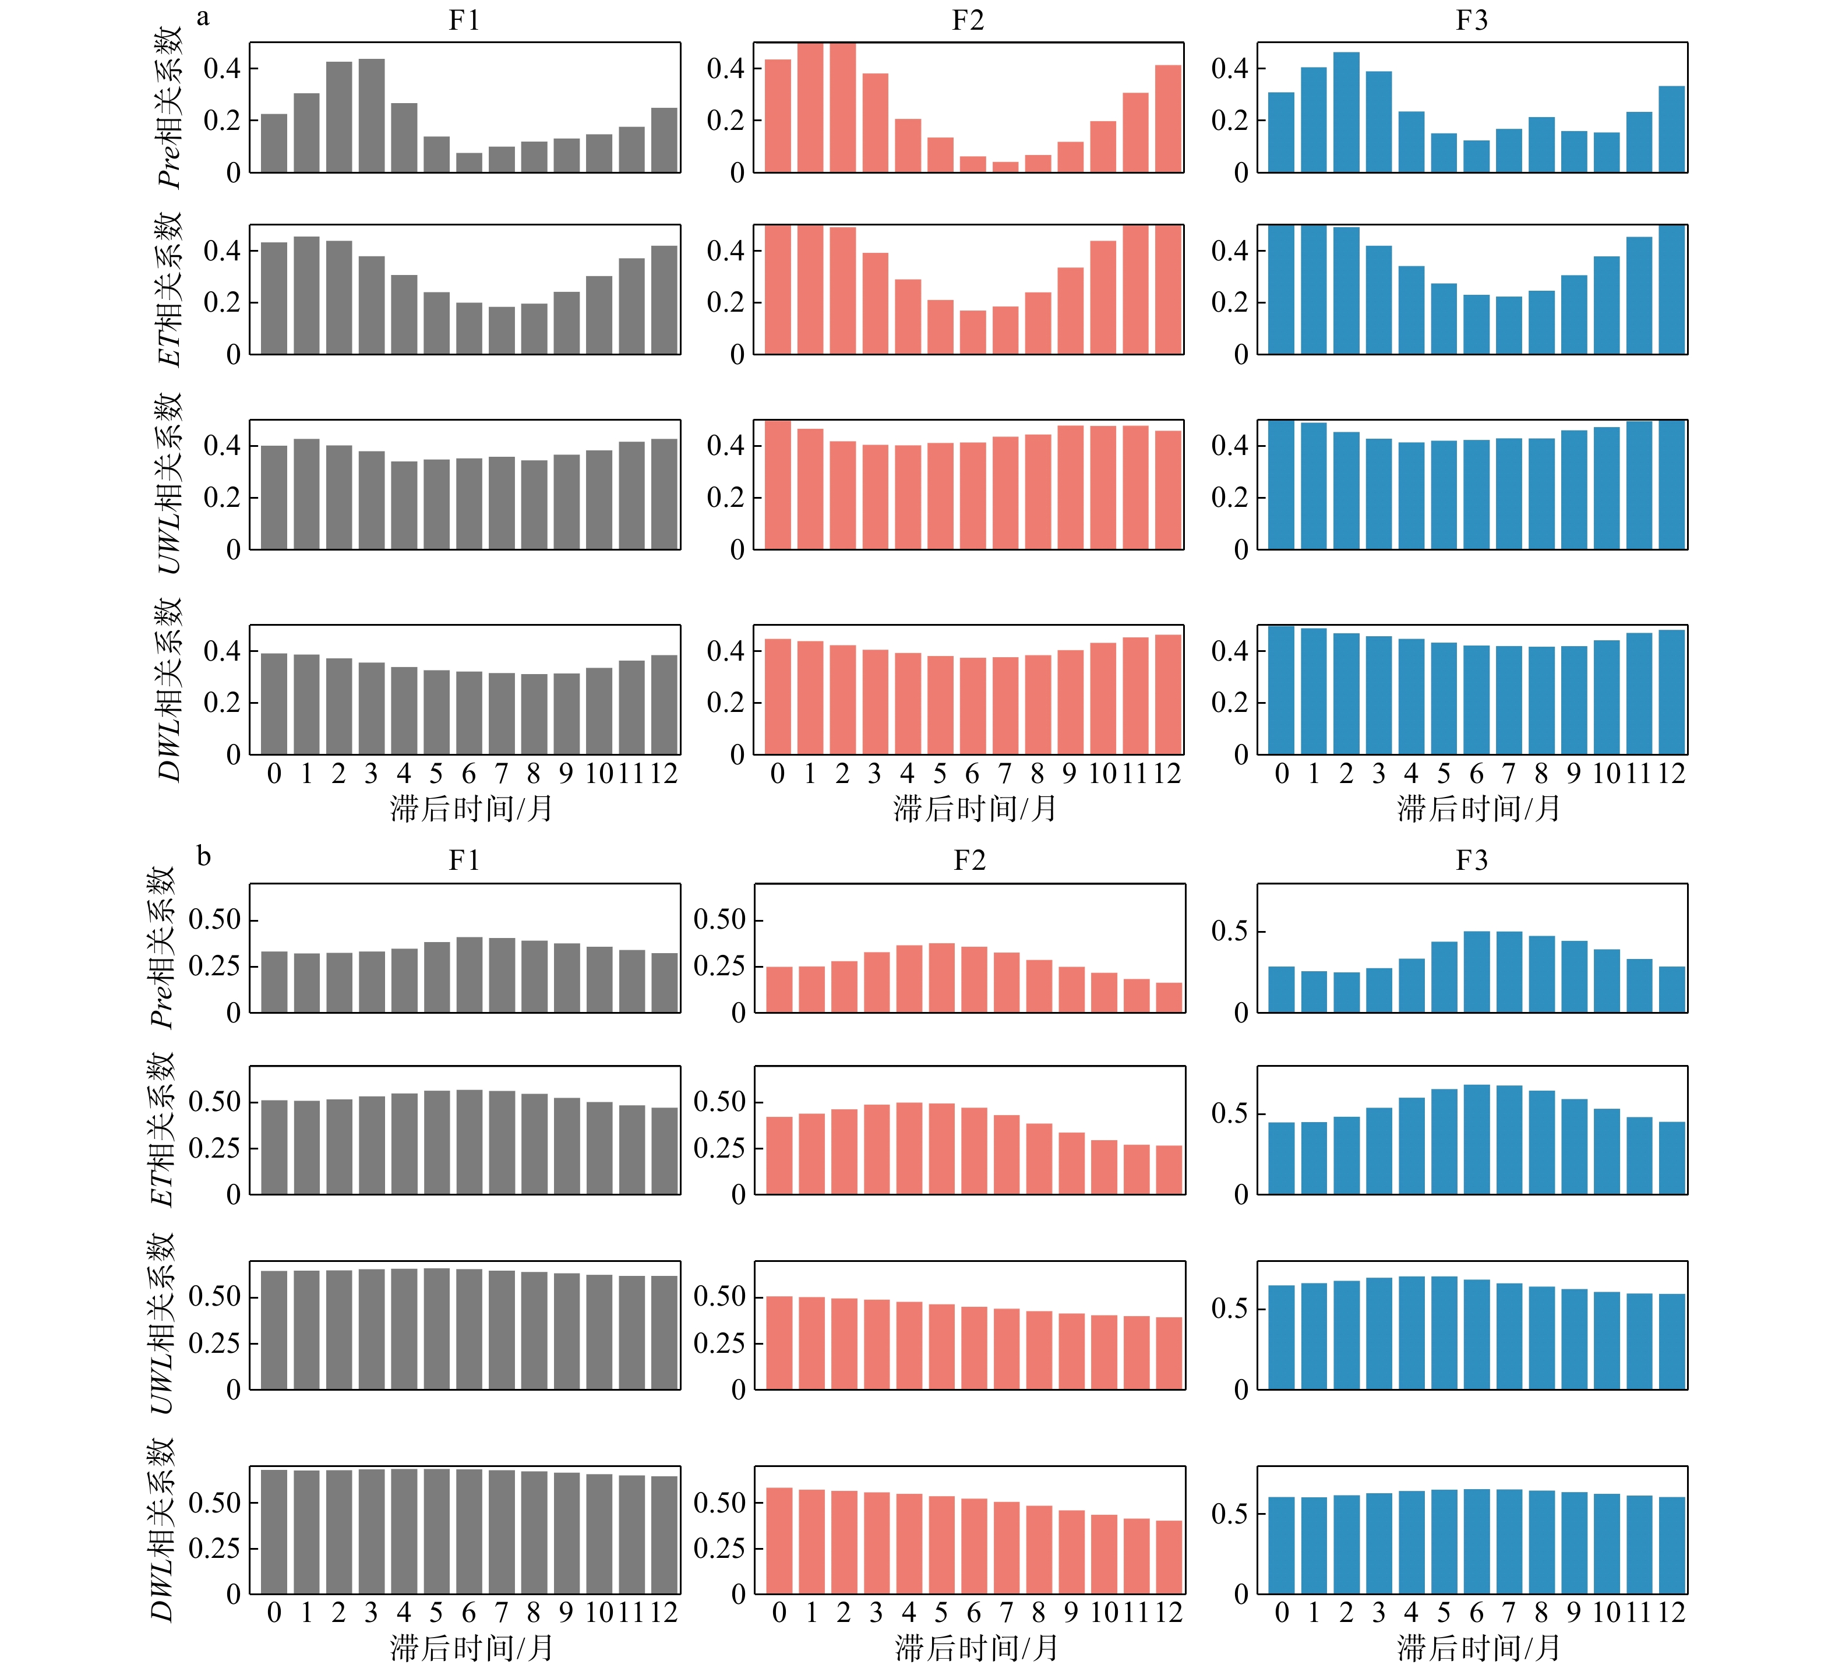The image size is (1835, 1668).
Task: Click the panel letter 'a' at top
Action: click(203, 17)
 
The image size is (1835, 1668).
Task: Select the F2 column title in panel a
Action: click(968, 20)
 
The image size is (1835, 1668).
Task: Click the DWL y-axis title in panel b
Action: click(162, 1529)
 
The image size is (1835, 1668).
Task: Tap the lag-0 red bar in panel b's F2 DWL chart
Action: click(779, 1540)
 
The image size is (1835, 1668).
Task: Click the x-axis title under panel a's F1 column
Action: click(471, 807)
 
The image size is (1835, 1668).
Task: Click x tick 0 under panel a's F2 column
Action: click(777, 774)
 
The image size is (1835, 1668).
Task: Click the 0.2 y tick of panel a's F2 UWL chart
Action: click(725, 497)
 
